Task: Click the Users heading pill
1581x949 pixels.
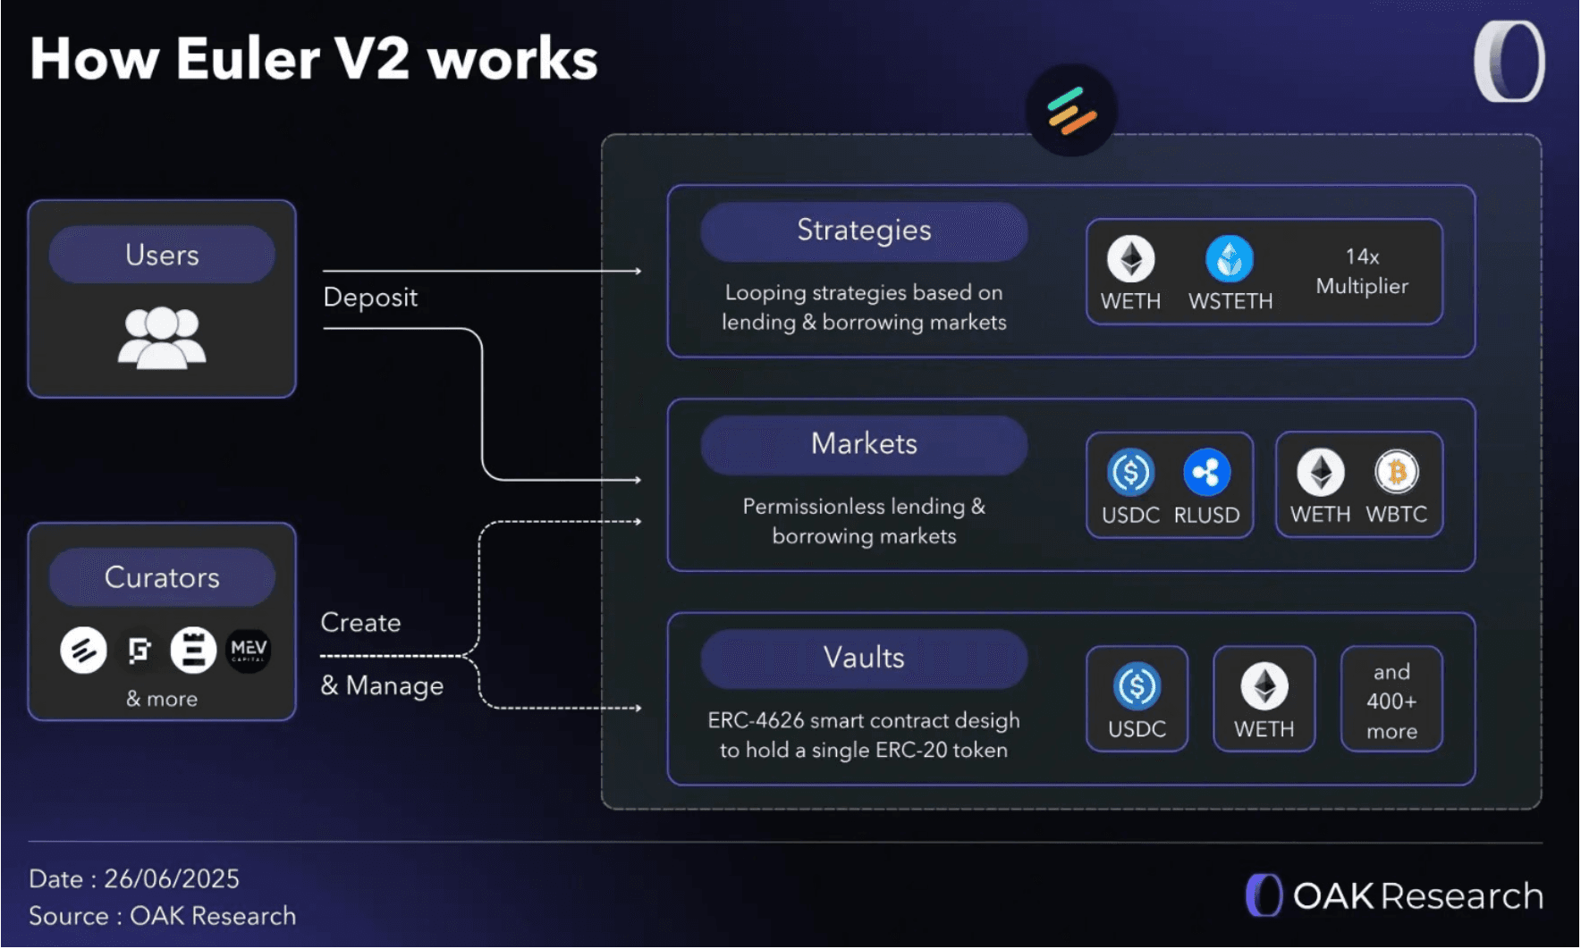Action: click(162, 255)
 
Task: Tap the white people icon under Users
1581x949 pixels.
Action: click(162, 337)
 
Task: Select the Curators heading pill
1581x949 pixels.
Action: click(162, 577)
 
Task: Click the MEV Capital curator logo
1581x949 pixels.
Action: click(248, 650)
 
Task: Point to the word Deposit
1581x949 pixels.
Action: click(370, 298)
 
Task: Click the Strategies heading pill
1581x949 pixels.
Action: click(864, 231)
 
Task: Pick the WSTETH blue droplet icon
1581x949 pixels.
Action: click(1230, 259)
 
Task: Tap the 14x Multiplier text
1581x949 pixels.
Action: click(1361, 271)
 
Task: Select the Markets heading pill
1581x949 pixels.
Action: click(864, 444)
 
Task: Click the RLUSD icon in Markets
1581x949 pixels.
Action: click(1206, 472)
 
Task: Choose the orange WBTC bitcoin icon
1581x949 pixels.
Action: click(1396, 472)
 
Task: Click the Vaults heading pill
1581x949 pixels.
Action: click(864, 658)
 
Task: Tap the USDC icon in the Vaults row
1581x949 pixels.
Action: click(1137, 686)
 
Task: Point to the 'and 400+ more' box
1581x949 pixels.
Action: click(1391, 701)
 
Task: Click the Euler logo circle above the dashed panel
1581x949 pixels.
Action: click(1071, 111)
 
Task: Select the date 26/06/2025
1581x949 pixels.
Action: click(172, 879)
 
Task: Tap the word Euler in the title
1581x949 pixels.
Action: click(248, 59)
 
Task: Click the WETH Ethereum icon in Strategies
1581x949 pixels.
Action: click(1130, 259)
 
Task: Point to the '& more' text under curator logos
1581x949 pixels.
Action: click(162, 699)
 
